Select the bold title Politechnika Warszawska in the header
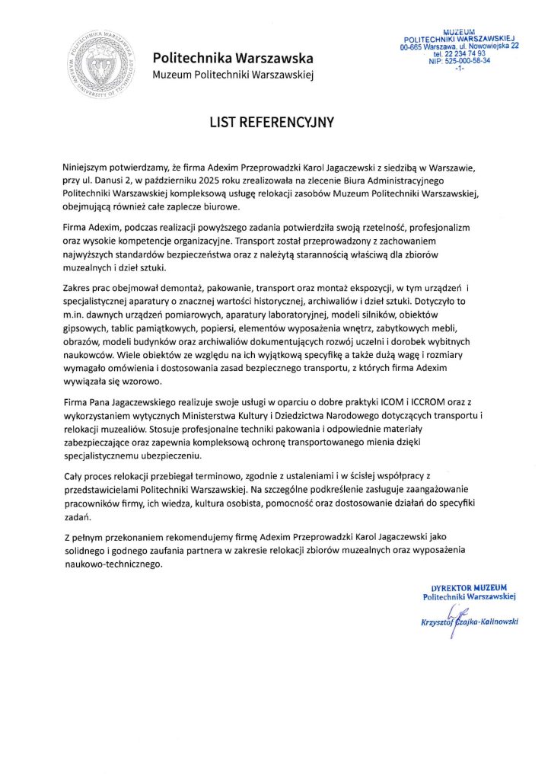coord(232,58)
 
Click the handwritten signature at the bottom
coord(457,620)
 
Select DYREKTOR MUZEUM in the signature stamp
coord(469,588)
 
